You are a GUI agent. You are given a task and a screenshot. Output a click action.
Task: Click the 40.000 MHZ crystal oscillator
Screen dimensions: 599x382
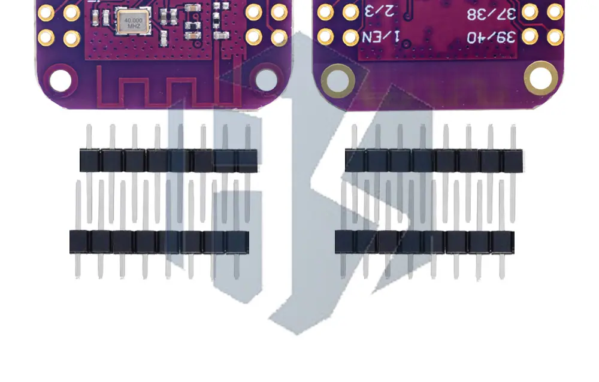(x=131, y=23)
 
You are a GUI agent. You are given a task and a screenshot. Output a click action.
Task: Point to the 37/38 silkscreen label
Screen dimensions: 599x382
(x=491, y=12)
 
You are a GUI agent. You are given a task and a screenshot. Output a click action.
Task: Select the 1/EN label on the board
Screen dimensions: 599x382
(x=383, y=37)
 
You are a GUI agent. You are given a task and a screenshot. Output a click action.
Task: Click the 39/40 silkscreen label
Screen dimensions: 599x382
(x=491, y=37)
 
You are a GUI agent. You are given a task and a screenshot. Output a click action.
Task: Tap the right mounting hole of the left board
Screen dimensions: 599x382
(x=267, y=80)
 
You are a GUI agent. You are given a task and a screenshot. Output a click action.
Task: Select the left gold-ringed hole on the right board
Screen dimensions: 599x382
(x=338, y=81)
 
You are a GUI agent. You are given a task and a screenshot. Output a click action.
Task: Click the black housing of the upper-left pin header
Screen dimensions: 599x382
(x=169, y=160)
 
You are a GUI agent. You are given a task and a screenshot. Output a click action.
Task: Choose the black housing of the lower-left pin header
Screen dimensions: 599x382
(x=159, y=241)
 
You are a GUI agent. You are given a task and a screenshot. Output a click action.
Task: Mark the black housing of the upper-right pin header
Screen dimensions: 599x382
(x=434, y=160)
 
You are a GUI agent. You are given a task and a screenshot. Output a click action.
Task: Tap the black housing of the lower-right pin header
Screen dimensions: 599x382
(x=424, y=241)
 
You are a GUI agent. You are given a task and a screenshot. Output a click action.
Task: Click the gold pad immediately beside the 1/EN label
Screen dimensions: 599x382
(x=350, y=37)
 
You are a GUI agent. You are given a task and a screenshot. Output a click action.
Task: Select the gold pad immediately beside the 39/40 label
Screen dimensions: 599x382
(x=530, y=37)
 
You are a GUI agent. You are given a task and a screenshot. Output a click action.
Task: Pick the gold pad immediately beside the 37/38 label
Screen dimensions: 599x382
(x=530, y=11)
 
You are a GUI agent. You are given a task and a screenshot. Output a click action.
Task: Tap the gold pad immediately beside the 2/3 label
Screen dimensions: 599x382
(x=350, y=11)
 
